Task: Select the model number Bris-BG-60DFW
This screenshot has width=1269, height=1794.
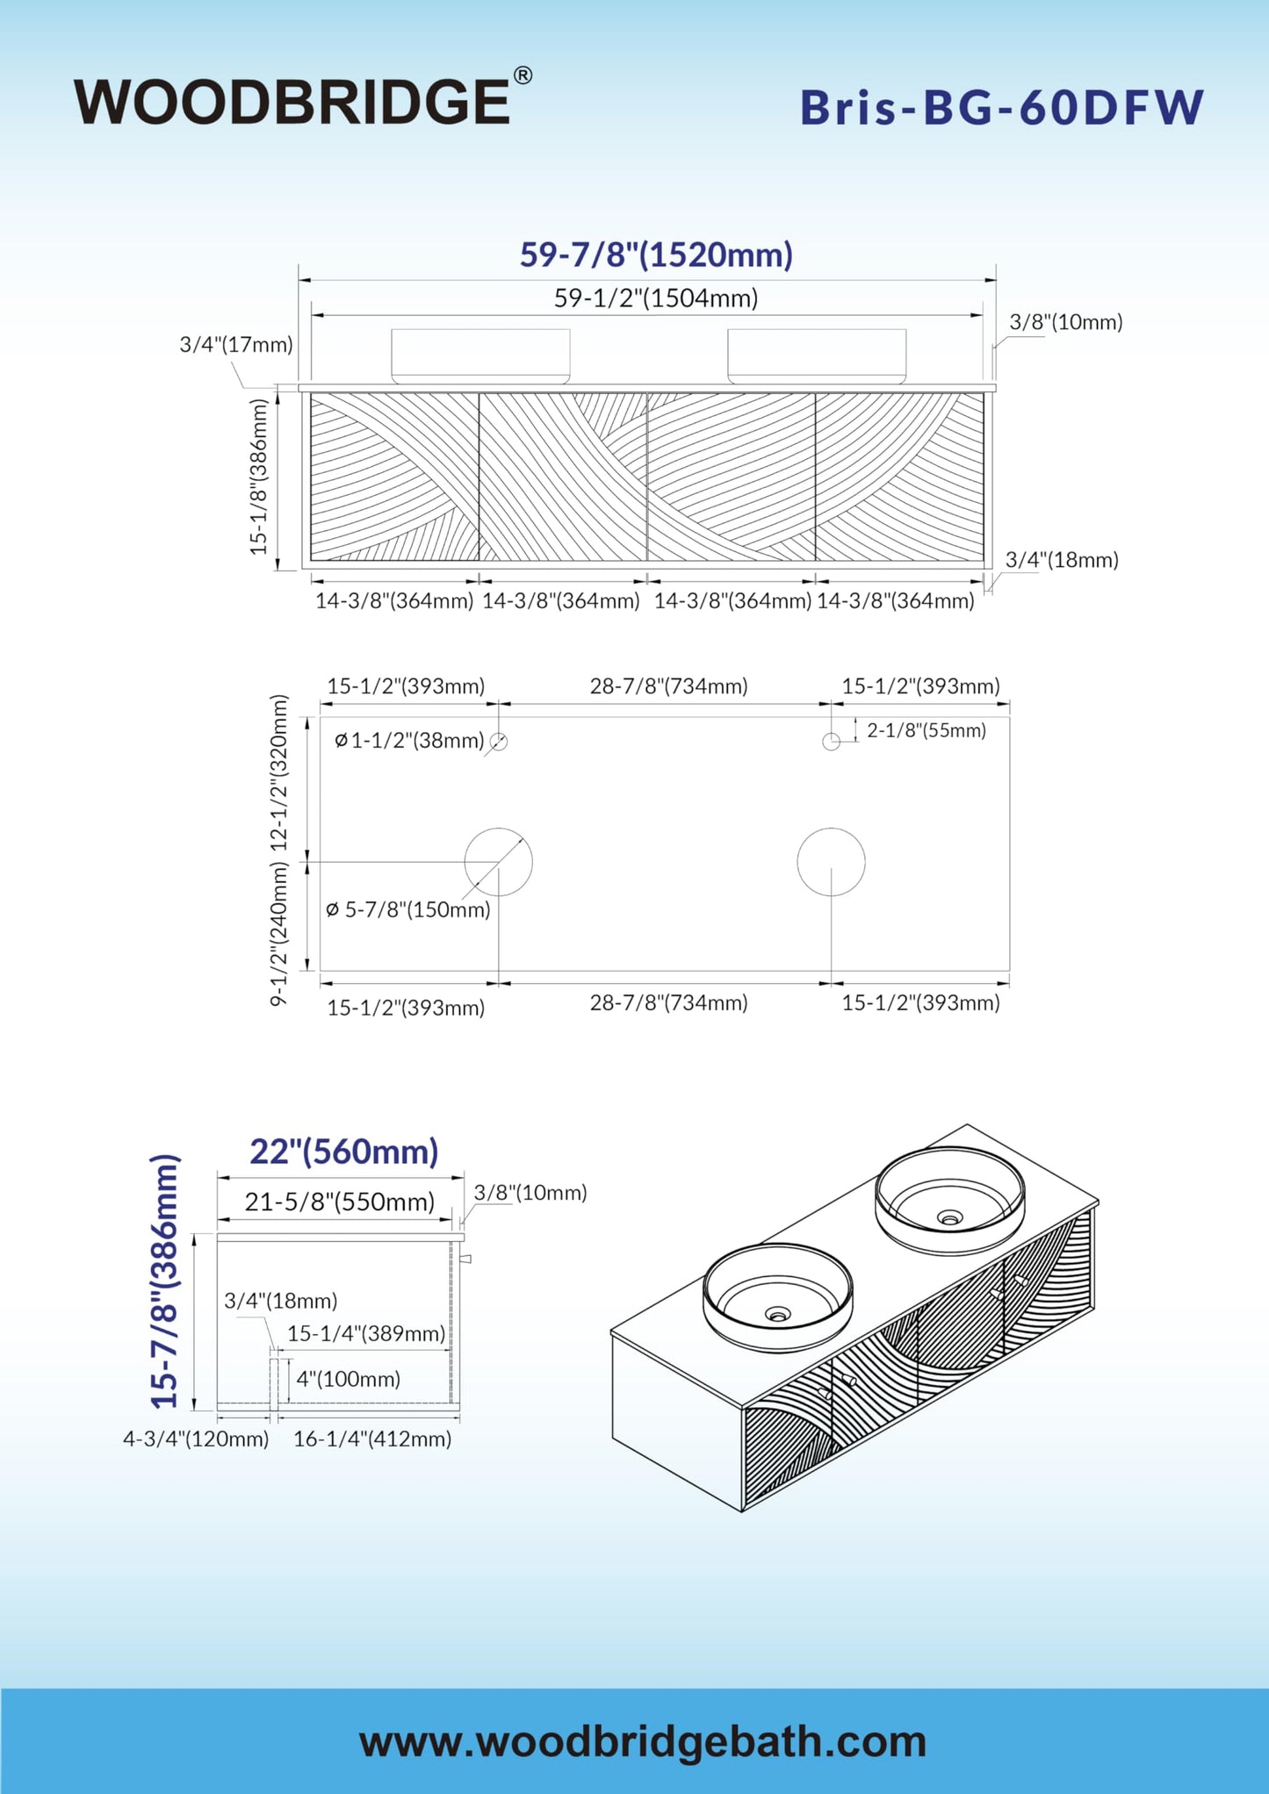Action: (x=1001, y=108)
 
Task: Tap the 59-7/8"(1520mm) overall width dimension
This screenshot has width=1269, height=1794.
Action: (x=656, y=255)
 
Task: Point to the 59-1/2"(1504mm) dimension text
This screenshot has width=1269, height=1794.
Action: (x=656, y=298)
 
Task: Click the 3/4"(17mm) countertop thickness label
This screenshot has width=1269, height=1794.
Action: (x=236, y=345)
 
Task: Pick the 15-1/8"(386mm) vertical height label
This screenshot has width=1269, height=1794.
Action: (x=258, y=477)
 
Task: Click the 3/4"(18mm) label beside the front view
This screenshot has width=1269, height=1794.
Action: (x=1062, y=560)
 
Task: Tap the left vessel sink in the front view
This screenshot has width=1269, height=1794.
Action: (x=480, y=356)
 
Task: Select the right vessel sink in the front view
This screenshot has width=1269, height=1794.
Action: (x=817, y=356)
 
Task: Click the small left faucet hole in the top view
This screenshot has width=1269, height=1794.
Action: (x=499, y=742)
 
